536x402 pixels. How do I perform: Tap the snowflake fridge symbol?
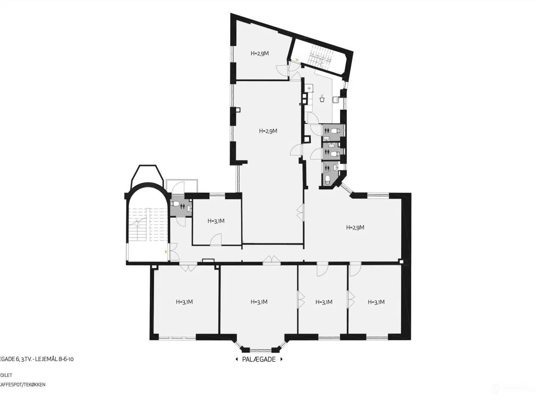click(x=309, y=88)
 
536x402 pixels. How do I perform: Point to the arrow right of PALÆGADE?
click(x=282, y=359)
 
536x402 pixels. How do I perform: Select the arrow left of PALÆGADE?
click(x=237, y=359)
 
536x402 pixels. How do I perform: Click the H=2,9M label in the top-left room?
click(x=260, y=53)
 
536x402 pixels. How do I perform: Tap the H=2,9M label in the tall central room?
click(x=268, y=131)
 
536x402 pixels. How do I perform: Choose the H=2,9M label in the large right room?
click(x=355, y=228)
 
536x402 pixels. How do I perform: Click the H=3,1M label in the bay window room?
click(x=259, y=302)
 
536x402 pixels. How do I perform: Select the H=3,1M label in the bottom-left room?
click(x=184, y=301)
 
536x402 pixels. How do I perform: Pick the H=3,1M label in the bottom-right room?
click(x=376, y=302)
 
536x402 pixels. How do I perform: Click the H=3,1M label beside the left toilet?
click(x=216, y=221)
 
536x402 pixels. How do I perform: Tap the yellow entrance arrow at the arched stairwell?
click(x=166, y=252)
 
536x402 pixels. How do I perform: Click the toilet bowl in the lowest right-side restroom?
click(x=328, y=180)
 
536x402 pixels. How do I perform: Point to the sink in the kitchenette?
click(x=336, y=100)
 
